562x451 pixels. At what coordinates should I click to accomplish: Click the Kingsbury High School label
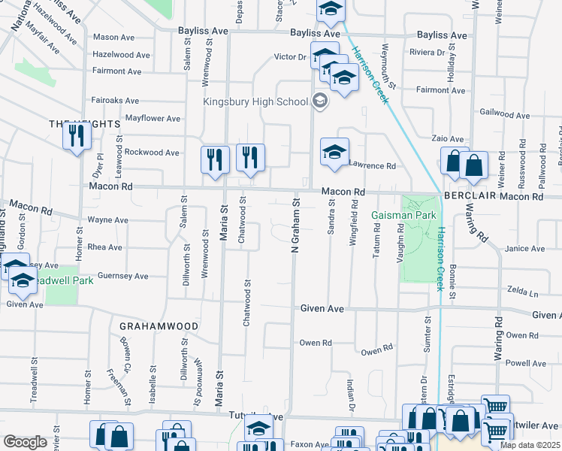pos(255,101)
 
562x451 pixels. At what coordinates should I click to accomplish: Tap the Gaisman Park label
pos(404,215)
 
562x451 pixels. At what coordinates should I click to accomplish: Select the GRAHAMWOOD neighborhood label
pos(159,326)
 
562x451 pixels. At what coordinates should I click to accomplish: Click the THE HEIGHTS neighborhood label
pos(74,123)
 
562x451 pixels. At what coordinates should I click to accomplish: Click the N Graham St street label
pos(295,225)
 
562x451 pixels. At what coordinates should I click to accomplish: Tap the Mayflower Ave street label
pos(153,119)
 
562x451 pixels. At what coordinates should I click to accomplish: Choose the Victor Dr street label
pos(290,56)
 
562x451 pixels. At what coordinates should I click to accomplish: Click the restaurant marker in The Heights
pos(77,136)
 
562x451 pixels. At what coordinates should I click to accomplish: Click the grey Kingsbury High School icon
pos(319,101)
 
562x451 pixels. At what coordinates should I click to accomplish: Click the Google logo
pos(25,442)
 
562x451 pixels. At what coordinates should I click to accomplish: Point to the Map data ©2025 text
pos(530,445)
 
